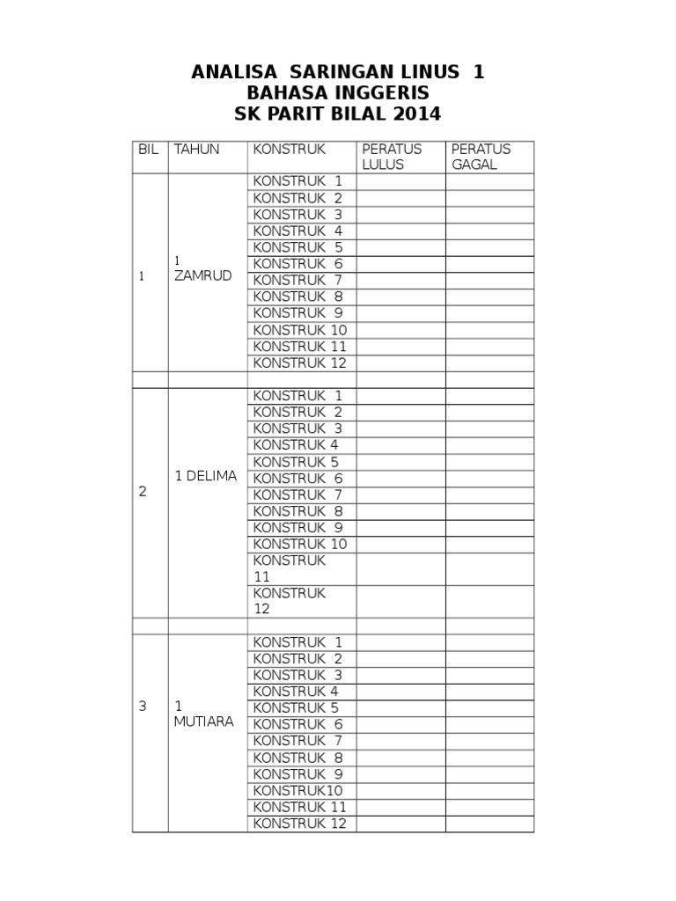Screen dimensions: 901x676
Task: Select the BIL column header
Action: [x=149, y=150]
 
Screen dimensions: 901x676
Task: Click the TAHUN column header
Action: [x=196, y=150]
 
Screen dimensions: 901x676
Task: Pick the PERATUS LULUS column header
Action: [x=392, y=157]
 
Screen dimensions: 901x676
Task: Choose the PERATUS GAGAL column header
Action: [x=481, y=157]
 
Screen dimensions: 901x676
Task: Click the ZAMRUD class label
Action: [x=202, y=275]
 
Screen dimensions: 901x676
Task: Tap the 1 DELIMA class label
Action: [x=206, y=476]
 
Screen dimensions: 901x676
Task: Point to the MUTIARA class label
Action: [x=203, y=722]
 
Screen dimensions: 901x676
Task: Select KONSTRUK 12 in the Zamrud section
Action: [x=300, y=363]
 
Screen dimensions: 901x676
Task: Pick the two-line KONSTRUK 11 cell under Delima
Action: [x=290, y=568]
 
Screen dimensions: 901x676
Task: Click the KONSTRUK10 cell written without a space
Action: [x=298, y=790]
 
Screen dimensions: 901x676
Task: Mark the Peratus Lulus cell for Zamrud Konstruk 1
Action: [x=400, y=181]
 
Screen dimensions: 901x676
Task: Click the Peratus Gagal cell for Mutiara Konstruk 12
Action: [x=489, y=824]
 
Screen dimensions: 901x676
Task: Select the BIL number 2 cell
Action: [x=143, y=492]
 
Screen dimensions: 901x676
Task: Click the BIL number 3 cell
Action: [x=143, y=706]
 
